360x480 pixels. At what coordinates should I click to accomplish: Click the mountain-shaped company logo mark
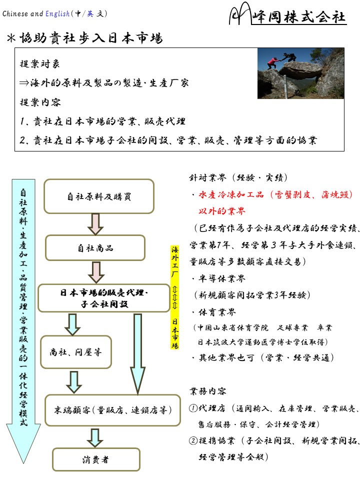(240, 13)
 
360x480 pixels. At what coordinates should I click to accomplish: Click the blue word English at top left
(57, 14)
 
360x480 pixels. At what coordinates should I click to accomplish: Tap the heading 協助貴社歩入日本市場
(91, 38)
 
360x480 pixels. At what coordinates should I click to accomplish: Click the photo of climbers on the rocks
(300, 73)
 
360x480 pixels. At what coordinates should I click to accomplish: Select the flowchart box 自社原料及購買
(99, 196)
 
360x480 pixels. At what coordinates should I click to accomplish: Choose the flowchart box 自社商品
(95, 247)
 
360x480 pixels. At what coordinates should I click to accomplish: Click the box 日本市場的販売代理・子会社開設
(104, 298)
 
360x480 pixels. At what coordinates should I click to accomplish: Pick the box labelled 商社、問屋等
(76, 352)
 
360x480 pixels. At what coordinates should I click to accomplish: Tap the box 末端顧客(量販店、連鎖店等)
(112, 410)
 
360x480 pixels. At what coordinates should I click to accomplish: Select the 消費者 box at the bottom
(96, 459)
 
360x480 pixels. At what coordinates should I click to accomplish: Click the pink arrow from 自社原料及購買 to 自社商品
(95, 224)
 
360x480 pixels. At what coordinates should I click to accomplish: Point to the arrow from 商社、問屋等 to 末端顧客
(74, 382)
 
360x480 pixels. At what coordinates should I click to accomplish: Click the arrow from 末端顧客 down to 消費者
(94, 438)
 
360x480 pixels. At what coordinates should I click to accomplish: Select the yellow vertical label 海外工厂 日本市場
(174, 297)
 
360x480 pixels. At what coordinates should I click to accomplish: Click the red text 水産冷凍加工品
(231, 194)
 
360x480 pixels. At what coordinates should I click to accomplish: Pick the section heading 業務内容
(208, 391)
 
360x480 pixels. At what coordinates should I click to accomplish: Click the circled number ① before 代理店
(193, 408)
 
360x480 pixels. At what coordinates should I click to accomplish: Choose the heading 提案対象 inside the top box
(40, 63)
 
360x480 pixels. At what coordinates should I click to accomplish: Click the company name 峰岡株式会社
(299, 16)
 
